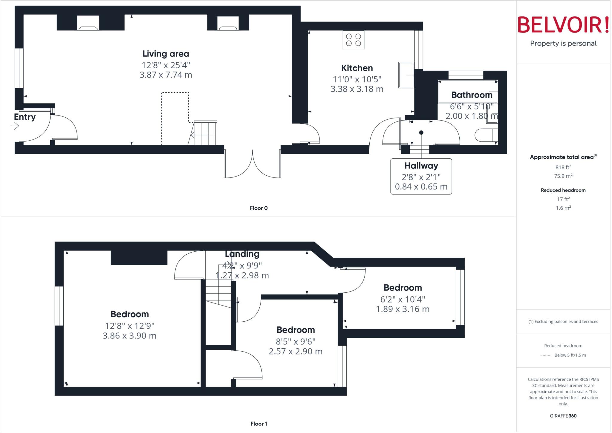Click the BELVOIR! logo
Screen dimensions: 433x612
[563, 25]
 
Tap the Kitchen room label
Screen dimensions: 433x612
[357, 68]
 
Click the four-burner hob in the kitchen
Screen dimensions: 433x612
[353, 40]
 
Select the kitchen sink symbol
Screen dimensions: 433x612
[406, 75]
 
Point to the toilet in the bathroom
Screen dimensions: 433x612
[486, 135]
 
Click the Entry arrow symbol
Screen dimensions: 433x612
[15, 126]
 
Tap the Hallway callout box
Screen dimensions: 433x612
[421, 176]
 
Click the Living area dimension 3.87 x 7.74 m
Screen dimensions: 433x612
[166, 75]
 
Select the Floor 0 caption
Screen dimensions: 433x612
[258, 208]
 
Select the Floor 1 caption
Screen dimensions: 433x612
[258, 424]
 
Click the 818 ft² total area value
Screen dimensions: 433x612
[563, 167]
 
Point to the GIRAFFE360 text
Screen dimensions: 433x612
[563, 416]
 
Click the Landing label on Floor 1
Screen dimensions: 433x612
[242, 254]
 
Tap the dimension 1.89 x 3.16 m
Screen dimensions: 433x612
[403, 309]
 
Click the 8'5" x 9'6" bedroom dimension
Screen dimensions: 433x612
[296, 341]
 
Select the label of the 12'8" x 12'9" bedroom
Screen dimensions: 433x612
[129, 314]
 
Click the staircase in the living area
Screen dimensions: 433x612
[204, 133]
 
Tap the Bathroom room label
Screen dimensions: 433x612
[472, 95]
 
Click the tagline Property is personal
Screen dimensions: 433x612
[563, 43]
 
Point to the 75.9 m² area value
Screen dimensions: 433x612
[563, 176]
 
